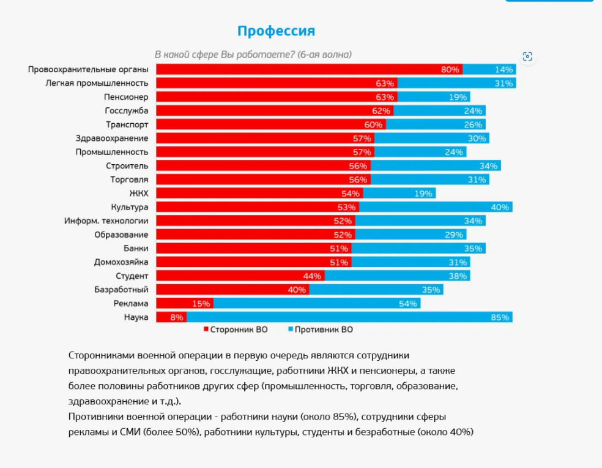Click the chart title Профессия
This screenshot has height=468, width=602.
[x=276, y=31]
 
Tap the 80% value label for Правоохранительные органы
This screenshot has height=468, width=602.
[x=450, y=69]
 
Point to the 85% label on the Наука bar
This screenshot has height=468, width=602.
[x=500, y=317]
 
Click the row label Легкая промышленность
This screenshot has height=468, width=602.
[x=97, y=83]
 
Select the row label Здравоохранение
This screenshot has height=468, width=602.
[x=112, y=138]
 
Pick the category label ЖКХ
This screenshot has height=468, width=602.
[x=138, y=193]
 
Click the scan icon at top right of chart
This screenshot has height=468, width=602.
[x=527, y=56]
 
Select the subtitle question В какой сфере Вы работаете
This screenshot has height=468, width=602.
[x=253, y=55]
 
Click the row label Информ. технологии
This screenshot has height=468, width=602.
[x=106, y=221]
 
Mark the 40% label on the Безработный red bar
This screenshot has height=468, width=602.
[x=296, y=290]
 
